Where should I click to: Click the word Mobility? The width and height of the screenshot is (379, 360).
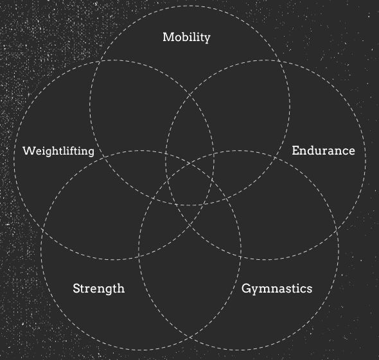point(186,37)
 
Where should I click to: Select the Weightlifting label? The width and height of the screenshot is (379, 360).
point(58,151)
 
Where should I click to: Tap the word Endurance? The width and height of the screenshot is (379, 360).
point(323,151)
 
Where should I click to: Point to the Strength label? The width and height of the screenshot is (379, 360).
point(99,289)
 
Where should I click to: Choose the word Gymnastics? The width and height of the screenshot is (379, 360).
point(277,289)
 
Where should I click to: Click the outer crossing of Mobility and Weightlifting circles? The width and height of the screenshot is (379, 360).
point(100,62)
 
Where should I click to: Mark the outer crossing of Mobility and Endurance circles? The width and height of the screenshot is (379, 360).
point(279,61)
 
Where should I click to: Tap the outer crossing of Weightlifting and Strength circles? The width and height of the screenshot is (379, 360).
point(42,230)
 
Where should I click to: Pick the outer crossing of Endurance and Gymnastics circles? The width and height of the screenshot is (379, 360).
point(337,231)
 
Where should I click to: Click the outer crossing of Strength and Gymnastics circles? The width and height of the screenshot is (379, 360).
point(189,337)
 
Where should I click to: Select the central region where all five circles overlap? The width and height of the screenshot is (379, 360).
point(189,184)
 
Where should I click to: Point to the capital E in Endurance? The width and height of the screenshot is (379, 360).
point(295,151)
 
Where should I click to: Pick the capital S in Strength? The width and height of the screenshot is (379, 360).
point(76,288)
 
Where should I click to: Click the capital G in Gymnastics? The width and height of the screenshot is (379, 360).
point(246,288)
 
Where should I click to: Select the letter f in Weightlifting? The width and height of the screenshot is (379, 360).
point(71,150)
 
